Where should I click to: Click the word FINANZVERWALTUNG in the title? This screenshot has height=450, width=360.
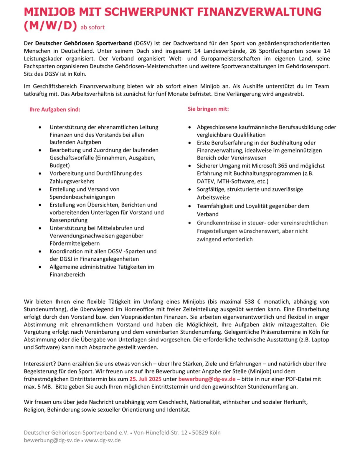point(259,12)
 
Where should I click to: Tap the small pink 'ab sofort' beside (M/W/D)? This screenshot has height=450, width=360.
point(93,27)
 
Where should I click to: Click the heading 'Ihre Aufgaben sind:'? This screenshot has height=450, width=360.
point(55,110)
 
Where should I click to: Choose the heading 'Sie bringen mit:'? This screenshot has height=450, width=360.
point(208,109)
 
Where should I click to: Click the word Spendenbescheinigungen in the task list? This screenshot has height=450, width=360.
point(82,197)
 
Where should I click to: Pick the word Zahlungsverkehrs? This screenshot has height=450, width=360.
point(72,181)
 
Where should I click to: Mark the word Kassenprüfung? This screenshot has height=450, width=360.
point(68,220)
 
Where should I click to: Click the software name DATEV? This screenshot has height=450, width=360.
point(206,181)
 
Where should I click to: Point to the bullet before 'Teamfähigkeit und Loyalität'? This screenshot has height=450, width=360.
point(190,206)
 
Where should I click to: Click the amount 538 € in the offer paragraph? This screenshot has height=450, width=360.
point(252,302)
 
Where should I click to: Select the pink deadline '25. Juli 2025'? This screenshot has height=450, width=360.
point(145,379)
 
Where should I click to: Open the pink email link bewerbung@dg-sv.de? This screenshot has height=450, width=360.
point(207,379)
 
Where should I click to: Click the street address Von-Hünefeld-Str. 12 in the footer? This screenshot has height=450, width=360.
point(160,433)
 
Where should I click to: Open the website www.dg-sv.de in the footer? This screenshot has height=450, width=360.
point(103,440)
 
